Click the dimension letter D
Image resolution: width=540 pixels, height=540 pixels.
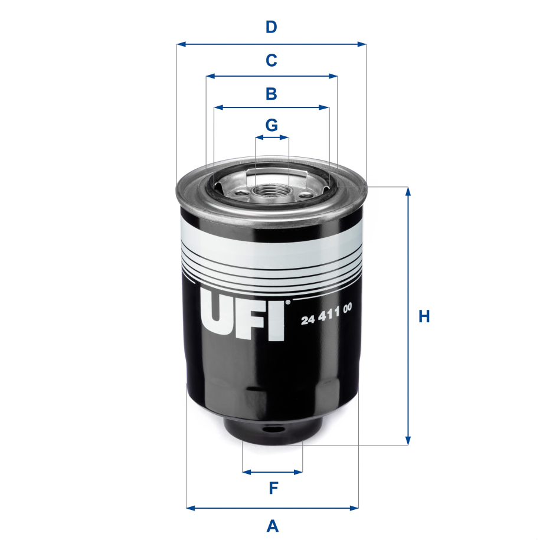[271, 27]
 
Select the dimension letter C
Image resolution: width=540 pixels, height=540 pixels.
[271, 60]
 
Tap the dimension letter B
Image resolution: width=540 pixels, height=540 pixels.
[271, 93]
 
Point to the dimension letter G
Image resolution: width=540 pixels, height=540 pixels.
[271, 125]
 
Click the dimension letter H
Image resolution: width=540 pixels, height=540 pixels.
[424, 317]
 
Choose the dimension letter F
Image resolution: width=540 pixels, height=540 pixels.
[273, 489]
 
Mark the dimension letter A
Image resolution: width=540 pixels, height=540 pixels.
[272, 525]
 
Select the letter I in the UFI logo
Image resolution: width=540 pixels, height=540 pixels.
[277, 315]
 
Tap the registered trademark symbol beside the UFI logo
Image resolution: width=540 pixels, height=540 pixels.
[288, 303]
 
